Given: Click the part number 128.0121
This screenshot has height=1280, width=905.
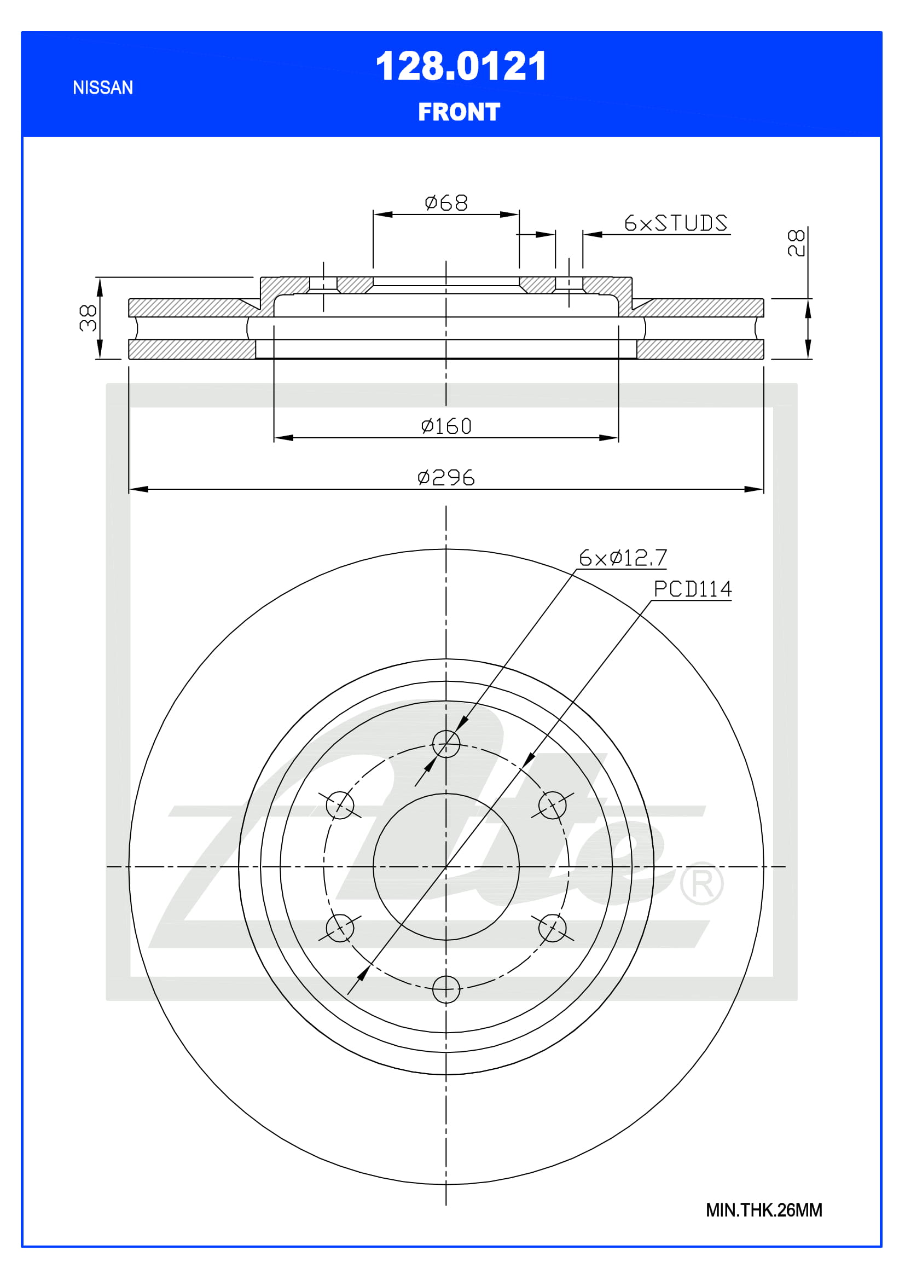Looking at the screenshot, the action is (x=461, y=66).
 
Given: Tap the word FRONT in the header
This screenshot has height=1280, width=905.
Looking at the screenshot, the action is (x=459, y=112).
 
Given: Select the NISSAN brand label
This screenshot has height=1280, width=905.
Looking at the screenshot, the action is (x=103, y=88).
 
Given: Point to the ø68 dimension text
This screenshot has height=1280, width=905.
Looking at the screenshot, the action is (x=446, y=203).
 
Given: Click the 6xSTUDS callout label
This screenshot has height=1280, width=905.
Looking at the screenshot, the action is (x=675, y=223).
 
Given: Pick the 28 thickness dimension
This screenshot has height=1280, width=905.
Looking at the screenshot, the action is (x=796, y=242).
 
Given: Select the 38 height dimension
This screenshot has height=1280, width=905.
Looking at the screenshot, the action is (x=88, y=318).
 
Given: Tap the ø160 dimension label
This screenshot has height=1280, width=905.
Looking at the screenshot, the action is (x=446, y=426).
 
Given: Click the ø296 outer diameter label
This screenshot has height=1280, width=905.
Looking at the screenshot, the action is (x=446, y=478).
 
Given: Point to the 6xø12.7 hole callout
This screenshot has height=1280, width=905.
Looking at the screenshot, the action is (x=623, y=558).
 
